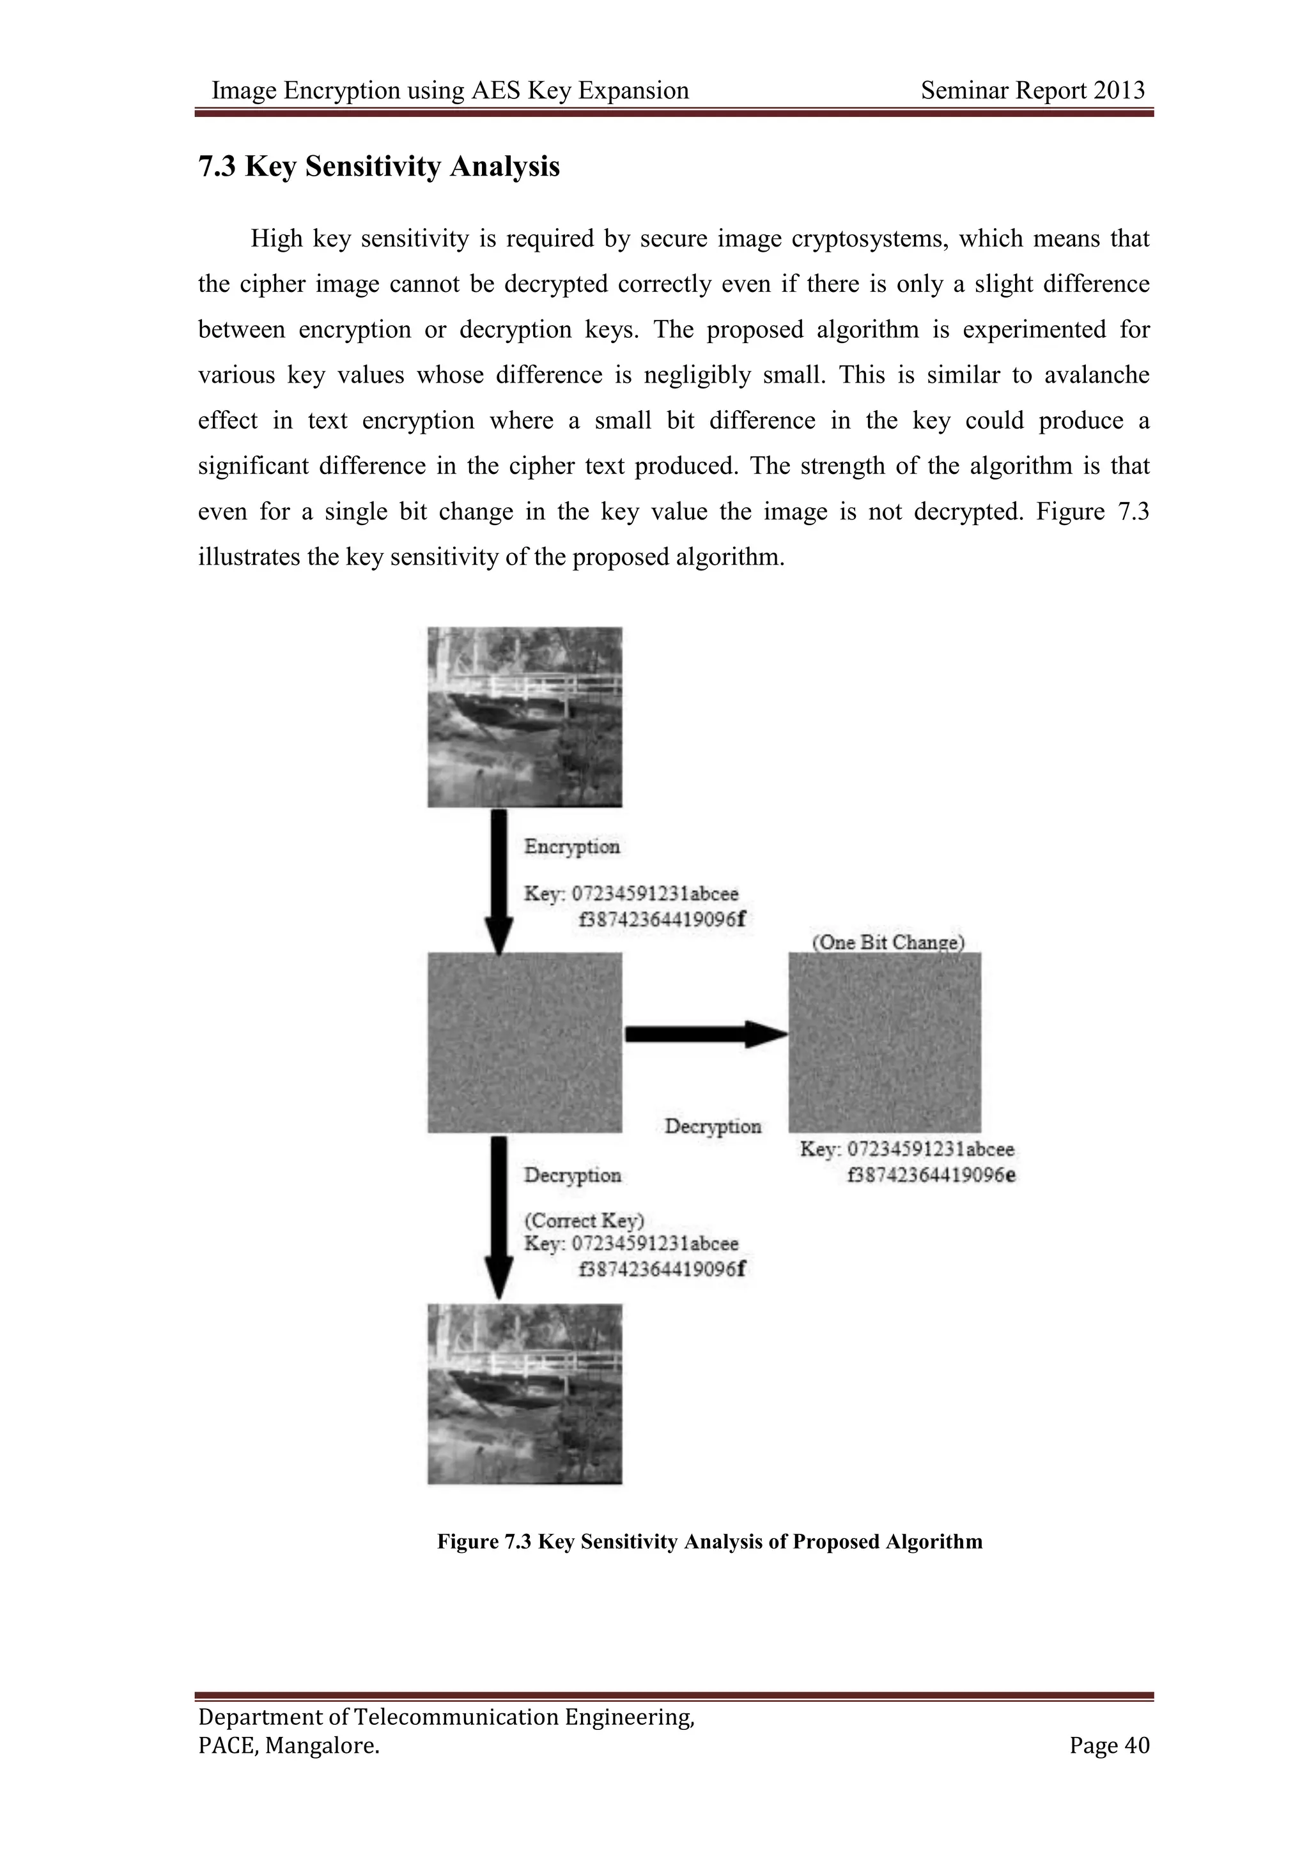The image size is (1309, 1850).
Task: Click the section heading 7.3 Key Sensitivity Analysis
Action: point(379,167)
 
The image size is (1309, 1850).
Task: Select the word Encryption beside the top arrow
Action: point(571,847)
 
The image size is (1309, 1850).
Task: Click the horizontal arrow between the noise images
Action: point(705,1034)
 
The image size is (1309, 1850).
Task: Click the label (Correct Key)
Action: point(584,1221)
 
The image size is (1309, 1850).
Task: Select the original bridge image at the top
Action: point(525,717)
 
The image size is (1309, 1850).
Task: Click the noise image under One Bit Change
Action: point(884,1043)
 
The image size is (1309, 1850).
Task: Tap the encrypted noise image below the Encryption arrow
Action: point(525,1043)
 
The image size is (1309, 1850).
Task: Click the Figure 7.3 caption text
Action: point(709,1542)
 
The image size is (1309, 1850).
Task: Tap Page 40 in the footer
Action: point(1109,1745)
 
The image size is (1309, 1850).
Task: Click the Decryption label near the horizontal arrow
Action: point(713,1126)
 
